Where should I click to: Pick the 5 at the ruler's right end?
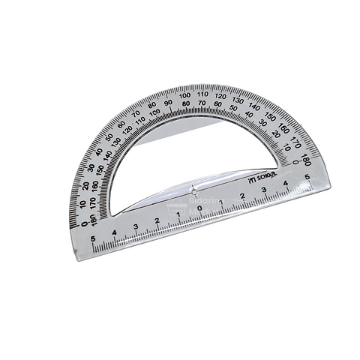(306, 177)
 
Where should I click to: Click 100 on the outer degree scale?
(184, 96)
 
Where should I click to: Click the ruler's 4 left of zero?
(115, 232)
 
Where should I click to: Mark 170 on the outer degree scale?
(294, 142)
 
